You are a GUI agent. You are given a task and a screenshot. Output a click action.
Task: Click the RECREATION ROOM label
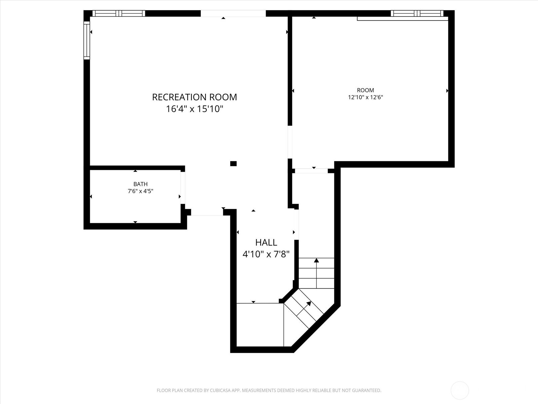pyautogui.click(x=194, y=97)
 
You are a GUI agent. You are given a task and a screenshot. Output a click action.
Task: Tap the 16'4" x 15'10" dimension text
pyautogui.click(x=194, y=109)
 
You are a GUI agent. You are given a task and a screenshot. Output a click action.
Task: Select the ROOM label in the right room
pyautogui.click(x=365, y=90)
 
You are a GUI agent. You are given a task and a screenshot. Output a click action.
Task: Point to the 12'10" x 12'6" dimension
pyautogui.click(x=365, y=98)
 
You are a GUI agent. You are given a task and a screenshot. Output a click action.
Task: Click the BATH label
pyautogui.click(x=140, y=184)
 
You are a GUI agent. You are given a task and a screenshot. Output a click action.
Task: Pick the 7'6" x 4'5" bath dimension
pyautogui.click(x=140, y=191)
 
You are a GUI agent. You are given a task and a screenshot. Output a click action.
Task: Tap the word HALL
pyautogui.click(x=266, y=242)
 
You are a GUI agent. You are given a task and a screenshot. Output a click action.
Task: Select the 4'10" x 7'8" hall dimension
pyautogui.click(x=266, y=254)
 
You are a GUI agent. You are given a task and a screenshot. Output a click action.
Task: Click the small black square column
pyautogui.click(x=233, y=164)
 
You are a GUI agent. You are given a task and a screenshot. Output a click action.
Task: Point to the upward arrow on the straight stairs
pyautogui.click(x=316, y=261)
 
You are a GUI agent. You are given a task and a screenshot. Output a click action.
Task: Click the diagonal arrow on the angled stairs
pyautogui.click(x=308, y=304)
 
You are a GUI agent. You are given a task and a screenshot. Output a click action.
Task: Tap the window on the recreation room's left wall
pyautogui.click(x=87, y=40)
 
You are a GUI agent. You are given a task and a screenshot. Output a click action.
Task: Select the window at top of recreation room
pyautogui.click(x=119, y=13)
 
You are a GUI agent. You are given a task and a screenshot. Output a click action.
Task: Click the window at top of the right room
pyautogui.click(x=417, y=13)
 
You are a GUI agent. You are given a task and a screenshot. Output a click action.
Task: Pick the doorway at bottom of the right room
pyautogui.click(x=311, y=171)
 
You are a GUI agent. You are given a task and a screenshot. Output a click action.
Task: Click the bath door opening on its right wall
pyautogui.click(x=183, y=188)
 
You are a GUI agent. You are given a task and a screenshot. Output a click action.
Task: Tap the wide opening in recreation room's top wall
pyautogui.click(x=233, y=13)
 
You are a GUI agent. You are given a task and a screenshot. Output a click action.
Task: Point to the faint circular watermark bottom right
pyautogui.click(x=459, y=391)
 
